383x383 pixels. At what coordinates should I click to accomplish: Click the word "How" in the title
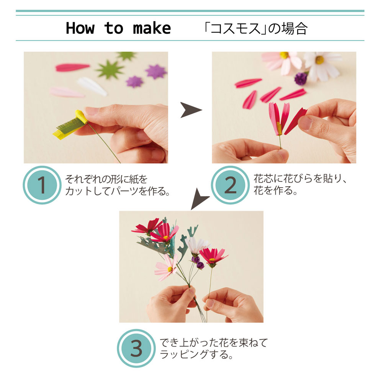click(80, 28)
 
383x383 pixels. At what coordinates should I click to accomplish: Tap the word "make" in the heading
click(152, 28)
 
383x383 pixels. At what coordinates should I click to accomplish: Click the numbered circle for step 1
click(42, 185)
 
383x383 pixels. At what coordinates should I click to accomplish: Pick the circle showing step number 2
click(230, 185)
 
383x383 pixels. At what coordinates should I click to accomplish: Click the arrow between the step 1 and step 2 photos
click(190, 111)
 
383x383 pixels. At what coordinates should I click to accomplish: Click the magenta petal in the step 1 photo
click(72, 67)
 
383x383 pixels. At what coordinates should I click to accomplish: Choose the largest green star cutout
click(110, 70)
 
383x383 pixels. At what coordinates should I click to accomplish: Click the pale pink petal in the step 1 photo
click(66, 92)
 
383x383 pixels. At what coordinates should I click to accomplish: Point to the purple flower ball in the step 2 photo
click(301, 79)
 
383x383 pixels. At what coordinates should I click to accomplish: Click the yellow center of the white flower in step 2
click(319, 60)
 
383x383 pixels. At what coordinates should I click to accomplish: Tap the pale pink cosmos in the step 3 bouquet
click(167, 268)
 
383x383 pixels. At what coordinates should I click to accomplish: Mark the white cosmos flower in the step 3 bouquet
click(197, 246)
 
